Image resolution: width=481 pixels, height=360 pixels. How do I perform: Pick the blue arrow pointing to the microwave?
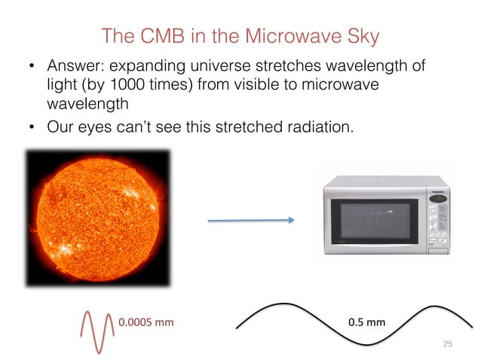tap(250, 221)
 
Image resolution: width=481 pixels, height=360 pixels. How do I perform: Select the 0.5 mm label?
tap(366, 322)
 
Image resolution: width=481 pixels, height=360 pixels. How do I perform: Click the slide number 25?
tap(447, 343)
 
